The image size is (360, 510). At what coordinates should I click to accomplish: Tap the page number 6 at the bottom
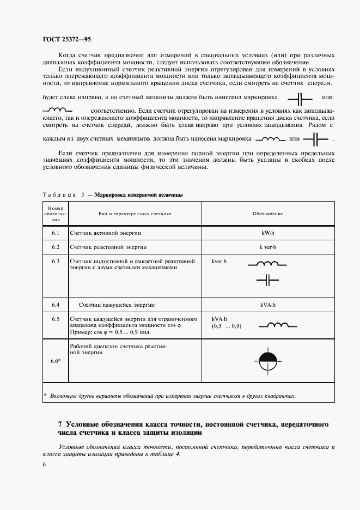click(x=44, y=464)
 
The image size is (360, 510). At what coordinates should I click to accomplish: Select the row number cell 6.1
click(x=55, y=233)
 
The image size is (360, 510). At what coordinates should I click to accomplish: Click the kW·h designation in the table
click(x=268, y=233)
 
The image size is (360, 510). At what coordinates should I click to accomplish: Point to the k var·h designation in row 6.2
click(x=268, y=247)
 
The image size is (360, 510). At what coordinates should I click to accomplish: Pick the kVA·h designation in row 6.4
click(x=268, y=305)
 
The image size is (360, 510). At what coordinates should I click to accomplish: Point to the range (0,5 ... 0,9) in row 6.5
click(x=226, y=326)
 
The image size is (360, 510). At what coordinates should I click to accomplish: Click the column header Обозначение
click(x=267, y=214)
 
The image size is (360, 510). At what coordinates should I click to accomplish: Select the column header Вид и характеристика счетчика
click(x=135, y=214)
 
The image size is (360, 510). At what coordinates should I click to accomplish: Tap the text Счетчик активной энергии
click(x=105, y=233)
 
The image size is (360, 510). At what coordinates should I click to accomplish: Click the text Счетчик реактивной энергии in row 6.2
click(x=108, y=247)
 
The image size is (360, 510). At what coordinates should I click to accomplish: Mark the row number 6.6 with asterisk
click(x=56, y=361)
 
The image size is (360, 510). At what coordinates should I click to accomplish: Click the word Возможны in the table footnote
click(x=63, y=396)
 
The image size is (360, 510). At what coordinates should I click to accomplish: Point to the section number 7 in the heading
click(x=60, y=424)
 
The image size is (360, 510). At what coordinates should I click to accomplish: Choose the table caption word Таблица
click(x=56, y=195)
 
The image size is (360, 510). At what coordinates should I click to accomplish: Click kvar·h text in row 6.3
click(x=219, y=262)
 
